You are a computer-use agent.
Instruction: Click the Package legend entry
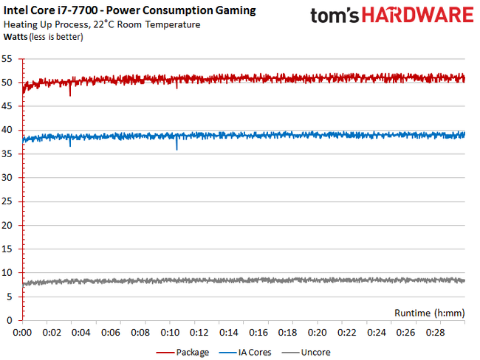[x=185, y=352]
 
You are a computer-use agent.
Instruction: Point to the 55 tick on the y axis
[x=7, y=58]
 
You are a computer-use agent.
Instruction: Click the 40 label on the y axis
[x=7, y=130]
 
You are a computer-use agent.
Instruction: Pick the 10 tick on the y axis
[x=7, y=273]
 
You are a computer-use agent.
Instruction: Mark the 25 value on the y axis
[x=7, y=201]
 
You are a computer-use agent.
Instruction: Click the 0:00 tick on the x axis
[x=22, y=333]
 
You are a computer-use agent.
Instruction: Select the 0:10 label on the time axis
[x=170, y=333]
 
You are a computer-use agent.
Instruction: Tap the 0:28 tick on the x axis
[x=436, y=333]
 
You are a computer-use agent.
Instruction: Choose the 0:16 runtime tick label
[x=258, y=333]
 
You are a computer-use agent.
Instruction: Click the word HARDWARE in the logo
[x=421, y=16]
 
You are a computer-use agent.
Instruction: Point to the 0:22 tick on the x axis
[x=347, y=333]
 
